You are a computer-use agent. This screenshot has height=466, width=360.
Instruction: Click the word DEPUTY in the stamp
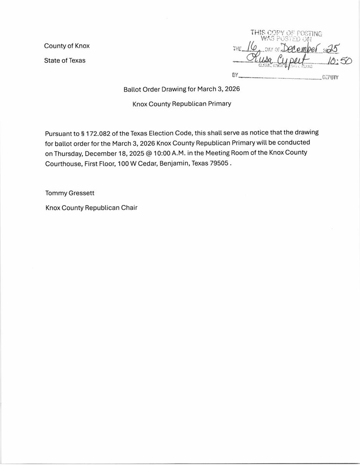click(x=330, y=77)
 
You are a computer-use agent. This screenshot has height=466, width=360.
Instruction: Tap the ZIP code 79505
click(x=219, y=163)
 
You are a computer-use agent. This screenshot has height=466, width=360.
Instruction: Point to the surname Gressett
click(x=81, y=193)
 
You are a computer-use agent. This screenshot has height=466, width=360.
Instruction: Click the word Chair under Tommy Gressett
click(x=129, y=208)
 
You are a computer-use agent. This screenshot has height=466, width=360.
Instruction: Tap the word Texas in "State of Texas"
click(x=77, y=61)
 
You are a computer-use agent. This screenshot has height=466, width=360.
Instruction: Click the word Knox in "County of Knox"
click(x=82, y=46)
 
